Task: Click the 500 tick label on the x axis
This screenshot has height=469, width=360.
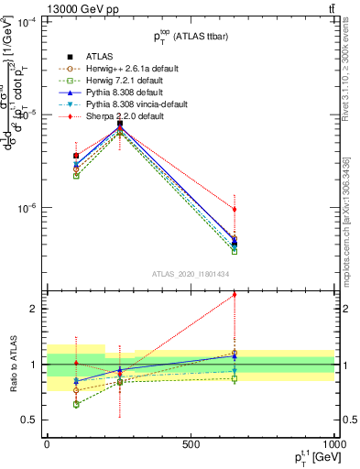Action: coord(191,445)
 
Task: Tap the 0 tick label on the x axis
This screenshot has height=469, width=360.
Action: coord(47,445)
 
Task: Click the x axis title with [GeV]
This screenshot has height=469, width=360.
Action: coord(314,458)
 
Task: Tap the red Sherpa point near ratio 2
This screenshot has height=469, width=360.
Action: coord(235,294)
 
